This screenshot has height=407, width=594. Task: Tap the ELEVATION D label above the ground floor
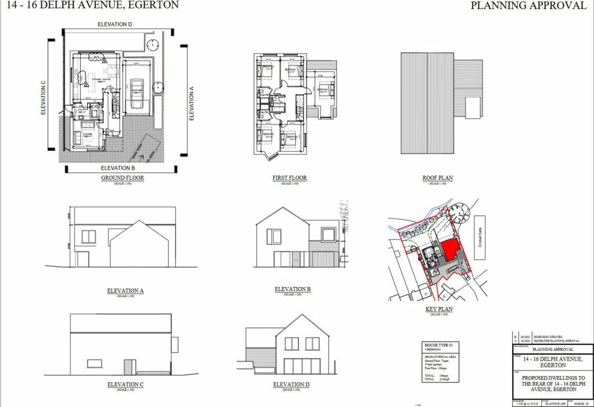tap(115, 24)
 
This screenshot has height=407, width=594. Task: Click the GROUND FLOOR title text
tap(122, 178)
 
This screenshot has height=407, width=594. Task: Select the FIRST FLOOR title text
tap(289, 178)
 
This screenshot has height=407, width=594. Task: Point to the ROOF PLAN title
tap(438, 178)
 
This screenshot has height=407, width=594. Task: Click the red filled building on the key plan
tap(450, 251)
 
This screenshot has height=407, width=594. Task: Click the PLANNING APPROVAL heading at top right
tap(528, 6)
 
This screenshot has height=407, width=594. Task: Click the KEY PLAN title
tap(439, 309)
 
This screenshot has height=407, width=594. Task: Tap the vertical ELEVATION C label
tap(44, 97)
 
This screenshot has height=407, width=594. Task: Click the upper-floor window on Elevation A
tap(88, 236)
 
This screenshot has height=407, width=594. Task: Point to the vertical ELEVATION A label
tap(192, 102)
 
